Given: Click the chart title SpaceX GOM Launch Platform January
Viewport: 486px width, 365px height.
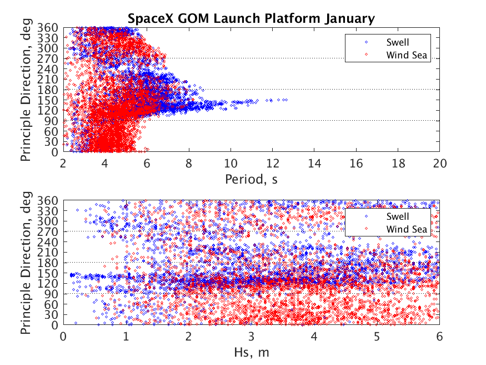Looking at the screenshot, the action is pos(251,18).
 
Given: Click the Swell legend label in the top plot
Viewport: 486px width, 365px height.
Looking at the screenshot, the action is pos(398,42).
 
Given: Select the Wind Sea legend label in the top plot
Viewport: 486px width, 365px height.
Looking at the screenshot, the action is pos(407,55).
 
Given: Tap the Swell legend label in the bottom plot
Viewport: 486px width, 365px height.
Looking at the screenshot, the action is pos(398,216).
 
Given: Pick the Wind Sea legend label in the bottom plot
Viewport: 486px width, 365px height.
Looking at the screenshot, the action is pos(407,229).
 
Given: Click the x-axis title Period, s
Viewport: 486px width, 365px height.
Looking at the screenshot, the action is pos(251,179).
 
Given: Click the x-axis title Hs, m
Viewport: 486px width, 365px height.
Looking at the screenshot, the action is pos(252,352).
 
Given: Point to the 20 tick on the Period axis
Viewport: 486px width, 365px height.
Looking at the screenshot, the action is pos(440,163).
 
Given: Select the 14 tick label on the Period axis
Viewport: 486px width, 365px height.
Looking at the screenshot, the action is pos(314,163).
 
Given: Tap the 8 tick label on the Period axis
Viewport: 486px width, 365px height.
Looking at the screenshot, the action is pos(189,163).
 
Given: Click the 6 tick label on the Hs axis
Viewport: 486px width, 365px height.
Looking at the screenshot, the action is pos(440,337).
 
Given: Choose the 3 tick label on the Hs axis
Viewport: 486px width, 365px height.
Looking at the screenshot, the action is pos(252,337).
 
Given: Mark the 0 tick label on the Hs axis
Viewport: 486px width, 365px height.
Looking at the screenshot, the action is pos(63,337).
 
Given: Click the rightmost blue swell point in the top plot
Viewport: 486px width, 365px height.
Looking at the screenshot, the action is pos(287,100).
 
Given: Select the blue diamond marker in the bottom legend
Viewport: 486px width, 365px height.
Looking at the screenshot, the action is pos(366,216).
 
